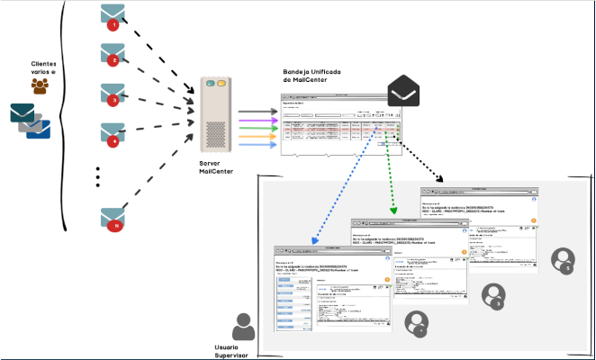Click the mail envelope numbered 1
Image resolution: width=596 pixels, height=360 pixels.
[x=113, y=16]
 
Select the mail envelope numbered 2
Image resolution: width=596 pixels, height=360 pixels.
[x=113, y=54]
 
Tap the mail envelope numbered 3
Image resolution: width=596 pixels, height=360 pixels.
[x=113, y=94]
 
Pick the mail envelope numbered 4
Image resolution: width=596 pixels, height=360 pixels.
[x=113, y=135]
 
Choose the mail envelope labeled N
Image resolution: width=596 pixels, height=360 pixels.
[x=113, y=219]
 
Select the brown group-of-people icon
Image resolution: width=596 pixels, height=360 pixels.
[x=40, y=86]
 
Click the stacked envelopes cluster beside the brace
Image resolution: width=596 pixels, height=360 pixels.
[x=30, y=121]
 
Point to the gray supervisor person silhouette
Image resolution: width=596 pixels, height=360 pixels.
[x=242, y=327]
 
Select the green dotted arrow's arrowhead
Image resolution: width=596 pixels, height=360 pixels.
[x=393, y=213]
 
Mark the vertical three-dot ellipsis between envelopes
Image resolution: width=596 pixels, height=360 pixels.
[x=97, y=176]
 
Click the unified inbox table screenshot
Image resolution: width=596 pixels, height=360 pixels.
[x=348, y=123]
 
